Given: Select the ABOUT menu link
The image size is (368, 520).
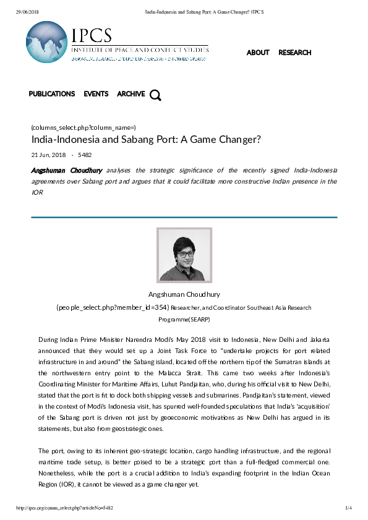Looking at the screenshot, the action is pos(257,53).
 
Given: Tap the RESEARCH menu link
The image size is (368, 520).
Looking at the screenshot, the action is pos(294,53).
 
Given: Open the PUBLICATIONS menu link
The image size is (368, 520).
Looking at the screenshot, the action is pos(52,94).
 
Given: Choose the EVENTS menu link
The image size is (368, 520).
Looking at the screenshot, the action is pos(96,94).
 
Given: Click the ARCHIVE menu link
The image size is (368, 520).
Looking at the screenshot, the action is pos(131,94).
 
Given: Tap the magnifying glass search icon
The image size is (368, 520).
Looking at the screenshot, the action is pos(155,95).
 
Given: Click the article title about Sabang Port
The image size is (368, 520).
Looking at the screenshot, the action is pos(146,140).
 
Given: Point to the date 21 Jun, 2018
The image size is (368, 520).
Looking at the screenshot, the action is pos(48,155).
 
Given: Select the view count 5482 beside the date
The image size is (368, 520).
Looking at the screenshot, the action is pos(85,155).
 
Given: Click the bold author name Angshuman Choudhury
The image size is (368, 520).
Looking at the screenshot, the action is pos(66,170).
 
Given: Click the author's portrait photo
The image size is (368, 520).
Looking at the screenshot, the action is pos(184,255).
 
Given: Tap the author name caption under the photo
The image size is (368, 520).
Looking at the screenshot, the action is pos(184,294).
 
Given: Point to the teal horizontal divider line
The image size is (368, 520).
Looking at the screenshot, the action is pos(184,217).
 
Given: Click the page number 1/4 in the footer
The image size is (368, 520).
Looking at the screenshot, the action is pos(348,508).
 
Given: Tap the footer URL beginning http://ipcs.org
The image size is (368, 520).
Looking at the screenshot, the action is pos(64,508).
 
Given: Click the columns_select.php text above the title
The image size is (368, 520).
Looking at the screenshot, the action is pos(83,127).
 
